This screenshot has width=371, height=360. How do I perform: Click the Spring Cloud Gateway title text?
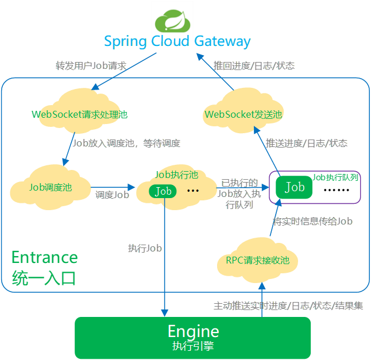tap(177, 42)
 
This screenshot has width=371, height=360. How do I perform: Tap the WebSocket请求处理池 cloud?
tap(79, 114)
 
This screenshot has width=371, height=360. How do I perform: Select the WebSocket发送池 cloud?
tap(244, 114)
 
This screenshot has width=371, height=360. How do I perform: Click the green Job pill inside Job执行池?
tap(163, 191)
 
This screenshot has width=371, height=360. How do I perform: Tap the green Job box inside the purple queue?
tap(294, 187)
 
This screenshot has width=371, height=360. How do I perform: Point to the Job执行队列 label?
tap(335, 177)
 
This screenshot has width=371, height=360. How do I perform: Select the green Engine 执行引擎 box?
tap(193, 338)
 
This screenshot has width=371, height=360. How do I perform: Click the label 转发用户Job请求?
tap(91, 65)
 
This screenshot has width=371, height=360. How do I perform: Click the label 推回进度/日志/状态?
tap(254, 65)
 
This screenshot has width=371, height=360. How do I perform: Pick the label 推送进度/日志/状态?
tap(307, 143)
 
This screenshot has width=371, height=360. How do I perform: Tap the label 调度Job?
tap(112, 195)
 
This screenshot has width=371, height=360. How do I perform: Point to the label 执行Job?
tap(145, 249)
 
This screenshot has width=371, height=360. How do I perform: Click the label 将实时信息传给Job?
tap(312, 221)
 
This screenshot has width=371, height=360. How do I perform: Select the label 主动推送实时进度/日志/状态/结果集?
tap(288, 305)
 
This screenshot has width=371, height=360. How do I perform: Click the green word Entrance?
tap(45, 257)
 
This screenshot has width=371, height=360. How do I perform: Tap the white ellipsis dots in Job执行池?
tap(193, 191)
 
